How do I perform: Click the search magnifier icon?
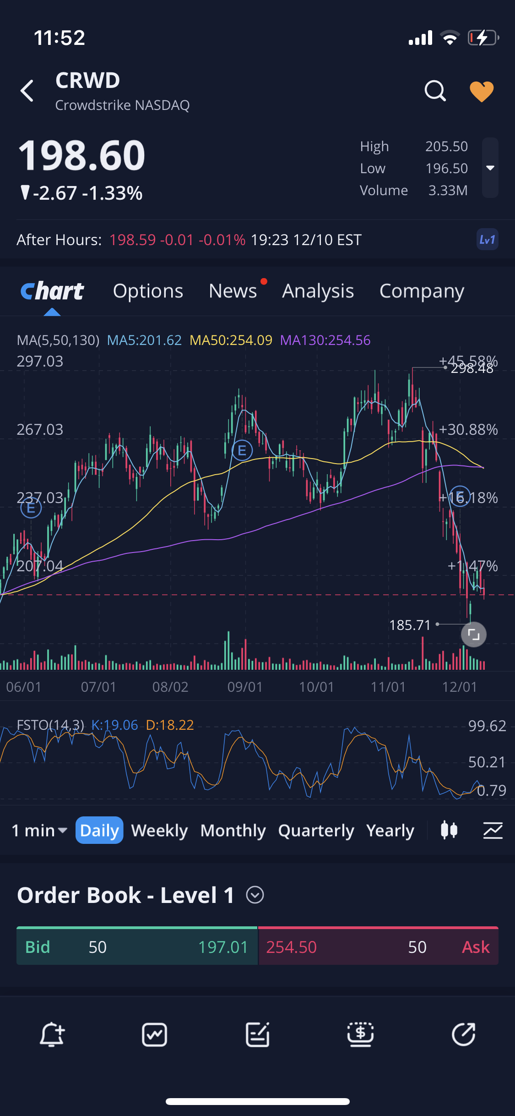435,91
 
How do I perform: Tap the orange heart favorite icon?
482,92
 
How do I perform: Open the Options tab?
148,291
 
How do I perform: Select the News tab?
233,291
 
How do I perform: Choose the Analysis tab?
318,291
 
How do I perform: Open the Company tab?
422,291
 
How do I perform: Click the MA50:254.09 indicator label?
231,340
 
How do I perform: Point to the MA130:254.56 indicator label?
325,340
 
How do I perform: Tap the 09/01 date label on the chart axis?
245,687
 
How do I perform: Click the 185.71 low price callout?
410,625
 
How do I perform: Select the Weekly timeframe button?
159,831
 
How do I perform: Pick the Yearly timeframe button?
390,831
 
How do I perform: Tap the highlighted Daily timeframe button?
99,831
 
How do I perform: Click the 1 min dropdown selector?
39,831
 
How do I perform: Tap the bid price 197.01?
223,947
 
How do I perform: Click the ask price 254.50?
292,947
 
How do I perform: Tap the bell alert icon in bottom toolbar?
52,1035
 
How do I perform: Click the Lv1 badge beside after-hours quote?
487,240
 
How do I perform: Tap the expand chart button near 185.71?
474,635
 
